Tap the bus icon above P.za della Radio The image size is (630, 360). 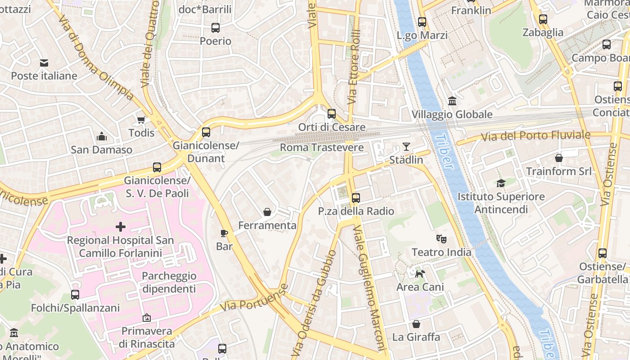click(356, 198)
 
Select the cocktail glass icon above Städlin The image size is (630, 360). click(406, 146)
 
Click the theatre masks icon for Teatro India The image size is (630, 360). click(441, 238)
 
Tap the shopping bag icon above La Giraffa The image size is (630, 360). click(416, 324)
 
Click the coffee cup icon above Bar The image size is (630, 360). click(224, 233)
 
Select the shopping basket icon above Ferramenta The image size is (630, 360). click(267, 211)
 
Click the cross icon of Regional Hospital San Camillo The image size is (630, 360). click(121, 226)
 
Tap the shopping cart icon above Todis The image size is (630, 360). click(141, 119)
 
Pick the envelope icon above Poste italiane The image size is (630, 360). click(44, 63)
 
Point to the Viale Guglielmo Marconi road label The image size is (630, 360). click(370, 288)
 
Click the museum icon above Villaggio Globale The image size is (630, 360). click(452, 101)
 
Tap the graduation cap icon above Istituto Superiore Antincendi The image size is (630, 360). click(501, 183)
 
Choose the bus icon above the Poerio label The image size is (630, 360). click(216, 28)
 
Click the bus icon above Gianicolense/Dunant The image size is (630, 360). click(206, 132)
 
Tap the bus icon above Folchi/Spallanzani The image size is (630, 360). click(75, 295)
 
